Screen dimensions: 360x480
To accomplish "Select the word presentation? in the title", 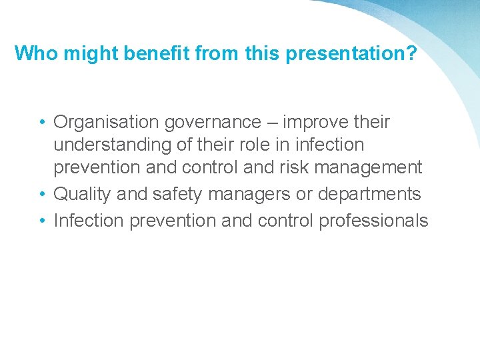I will point(351,54).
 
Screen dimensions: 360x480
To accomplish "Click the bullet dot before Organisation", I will point(42,123).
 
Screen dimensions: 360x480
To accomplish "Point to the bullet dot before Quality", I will point(42,195).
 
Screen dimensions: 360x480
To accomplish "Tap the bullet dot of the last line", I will point(42,221).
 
